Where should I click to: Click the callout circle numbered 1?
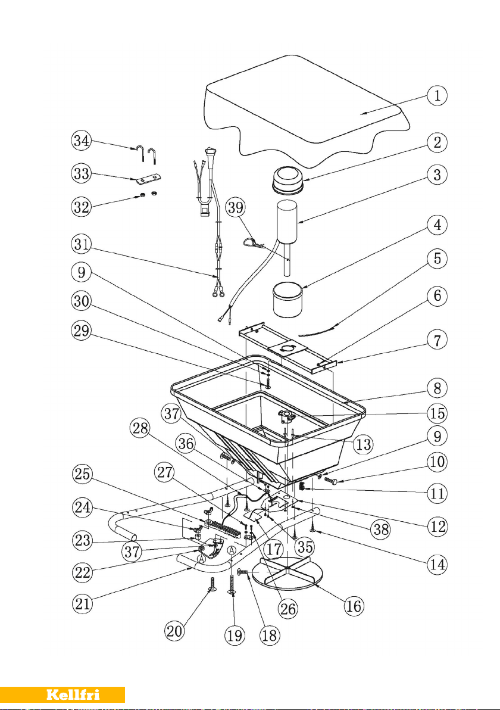[x=437, y=95]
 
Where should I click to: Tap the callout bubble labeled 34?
[x=82, y=141]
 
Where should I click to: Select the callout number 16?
[x=354, y=605]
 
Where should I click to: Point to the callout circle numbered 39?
[x=236, y=207]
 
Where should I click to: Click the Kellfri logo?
[x=73, y=695]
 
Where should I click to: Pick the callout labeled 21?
[x=82, y=604]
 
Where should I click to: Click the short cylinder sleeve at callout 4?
[x=287, y=299]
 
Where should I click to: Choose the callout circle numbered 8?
[x=437, y=388]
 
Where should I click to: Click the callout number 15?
[x=437, y=413]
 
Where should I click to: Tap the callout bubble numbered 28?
[x=140, y=428]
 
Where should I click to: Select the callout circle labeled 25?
[x=82, y=475]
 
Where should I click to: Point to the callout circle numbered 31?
[x=82, y=245]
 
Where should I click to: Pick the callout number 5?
[x=437, y=259]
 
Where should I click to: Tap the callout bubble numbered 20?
[x=174, y=631]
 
